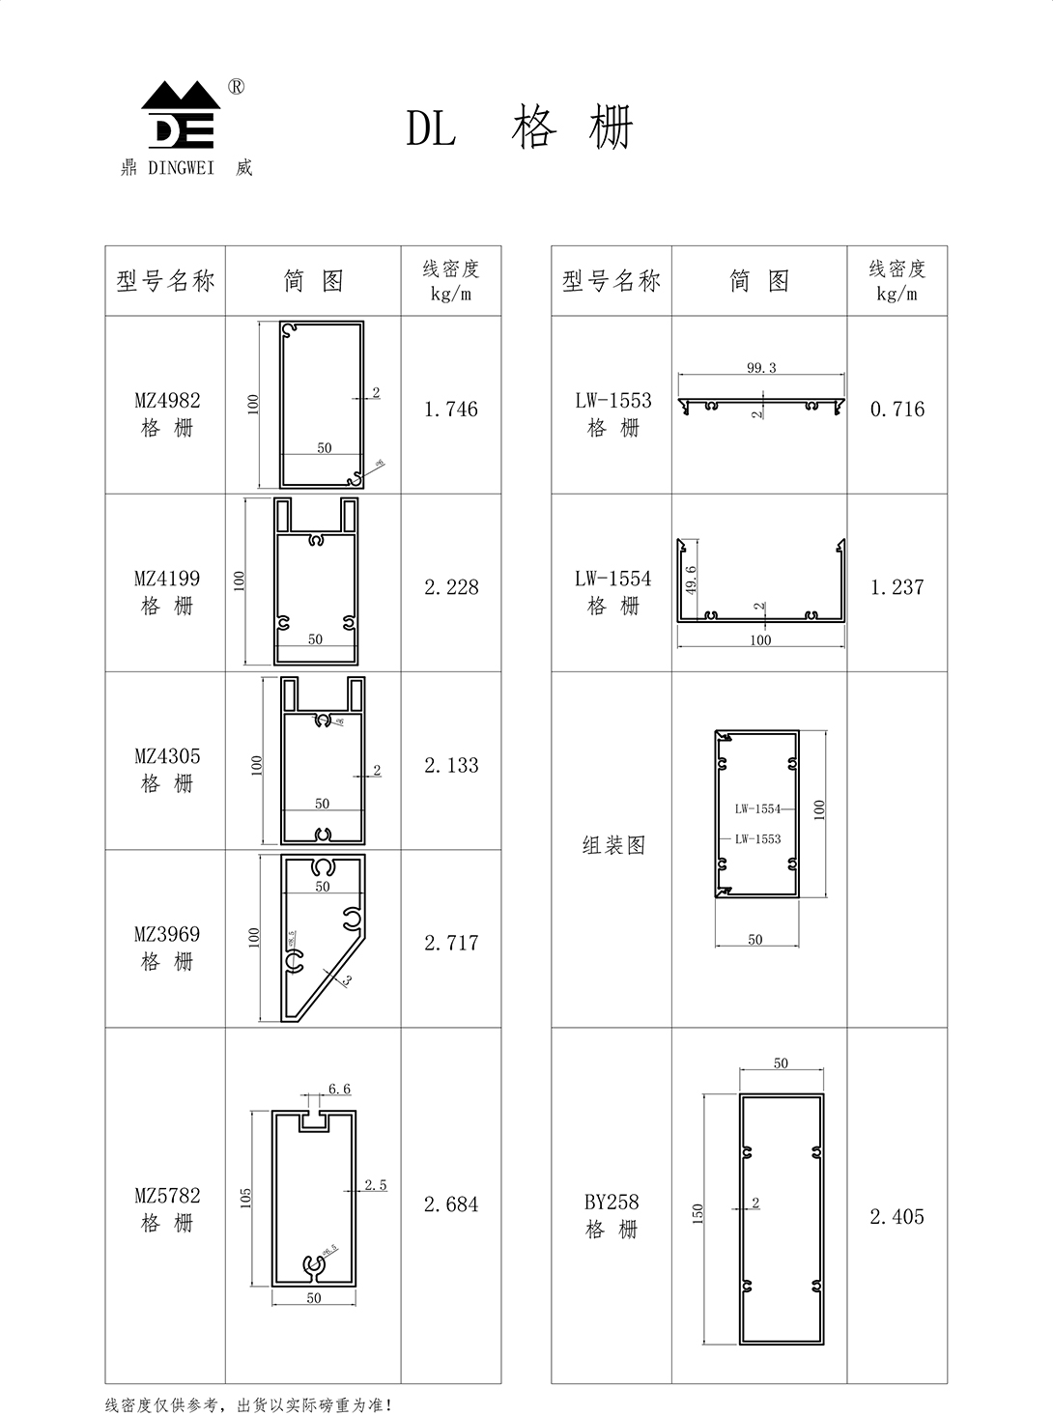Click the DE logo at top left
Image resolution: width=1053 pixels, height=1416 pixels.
click(x=181, y=116)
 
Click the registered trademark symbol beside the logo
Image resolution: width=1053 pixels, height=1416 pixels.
click(x=236, y=87)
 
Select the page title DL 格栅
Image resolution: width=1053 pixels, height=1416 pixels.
click(x=520, y=128)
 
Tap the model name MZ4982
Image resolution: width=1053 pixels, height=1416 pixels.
click(x=167, y=401)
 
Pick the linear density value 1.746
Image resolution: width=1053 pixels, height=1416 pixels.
click(x=451, y=410)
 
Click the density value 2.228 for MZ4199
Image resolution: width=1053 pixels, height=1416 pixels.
click(x=451, y=587)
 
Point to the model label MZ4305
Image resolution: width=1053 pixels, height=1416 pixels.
click(x=167, y=756)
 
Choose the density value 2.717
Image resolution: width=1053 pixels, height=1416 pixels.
click(x=451, y=943)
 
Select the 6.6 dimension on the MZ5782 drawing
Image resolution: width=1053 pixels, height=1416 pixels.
click(x=339, y=1090)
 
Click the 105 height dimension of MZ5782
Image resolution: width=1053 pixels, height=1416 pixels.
click(x=246, y=1198)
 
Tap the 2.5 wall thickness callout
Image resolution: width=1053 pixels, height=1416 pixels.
click(x=376, y=1185)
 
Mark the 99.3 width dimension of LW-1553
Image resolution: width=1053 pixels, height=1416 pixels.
click(x=761, y=368)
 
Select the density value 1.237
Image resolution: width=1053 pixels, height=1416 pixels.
click(x=897, y=587)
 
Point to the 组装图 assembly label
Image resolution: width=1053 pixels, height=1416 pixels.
click(x=613, y=846)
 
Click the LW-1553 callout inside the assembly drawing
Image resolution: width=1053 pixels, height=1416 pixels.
click(x=757, y=839)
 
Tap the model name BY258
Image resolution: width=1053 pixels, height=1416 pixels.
click(x=612, y=1203)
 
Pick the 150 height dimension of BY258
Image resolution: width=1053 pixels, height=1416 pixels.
click(x=698, y=1213)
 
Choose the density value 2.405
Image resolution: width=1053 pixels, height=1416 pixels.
click(x=897, y=1217)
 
